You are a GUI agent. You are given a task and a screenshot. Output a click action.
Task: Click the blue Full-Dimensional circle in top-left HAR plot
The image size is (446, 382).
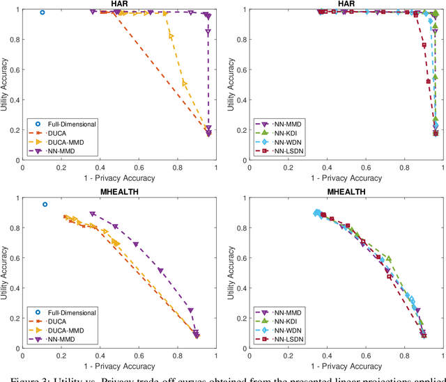coord(42,12)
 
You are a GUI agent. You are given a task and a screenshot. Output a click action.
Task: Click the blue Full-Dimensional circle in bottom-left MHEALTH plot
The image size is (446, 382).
coord(45,205)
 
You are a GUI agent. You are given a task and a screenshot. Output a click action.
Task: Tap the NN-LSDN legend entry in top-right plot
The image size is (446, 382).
coord(289,151)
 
